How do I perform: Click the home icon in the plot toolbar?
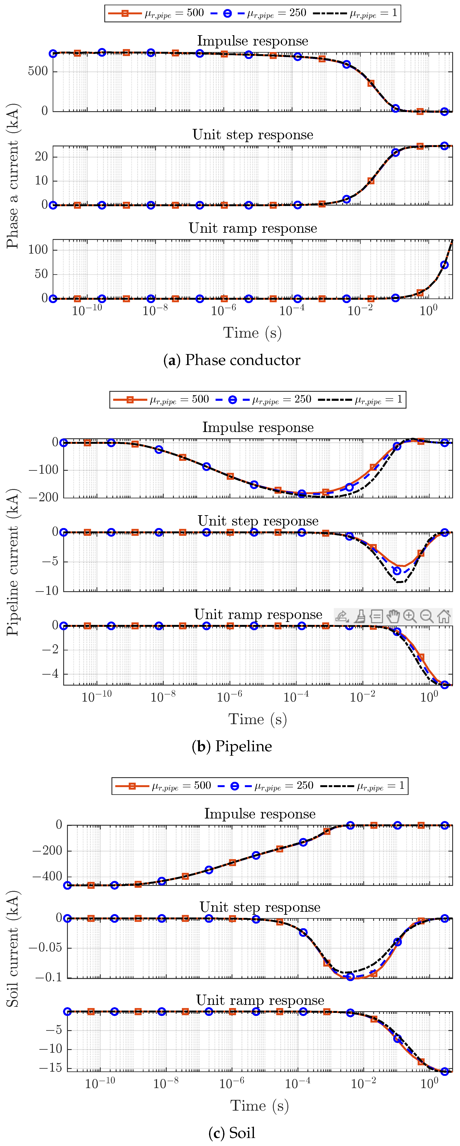pos(444,616)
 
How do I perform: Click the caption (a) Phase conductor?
pos(232,360)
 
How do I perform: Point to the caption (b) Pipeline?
pos(232,746)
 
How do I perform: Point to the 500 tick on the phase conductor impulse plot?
pos(38,71)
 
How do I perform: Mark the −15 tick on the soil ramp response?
pos(50,1068)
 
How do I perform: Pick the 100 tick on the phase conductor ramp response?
pos(38,250)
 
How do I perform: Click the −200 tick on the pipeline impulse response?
pos(43,497)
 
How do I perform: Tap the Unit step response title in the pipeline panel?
pos(258,520)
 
